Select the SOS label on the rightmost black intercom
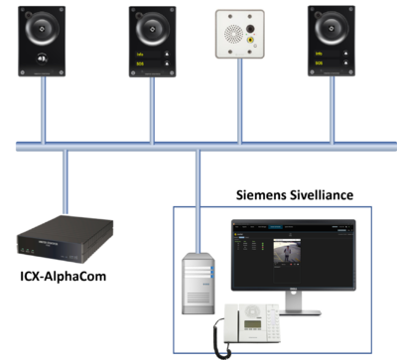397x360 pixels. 320,62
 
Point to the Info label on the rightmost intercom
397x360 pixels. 320,52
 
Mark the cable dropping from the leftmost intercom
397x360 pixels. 44,109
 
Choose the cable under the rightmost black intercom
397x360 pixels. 331,109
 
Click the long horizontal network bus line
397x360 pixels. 198,146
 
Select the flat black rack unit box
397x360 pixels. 65,240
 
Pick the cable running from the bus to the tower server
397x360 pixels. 198,198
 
